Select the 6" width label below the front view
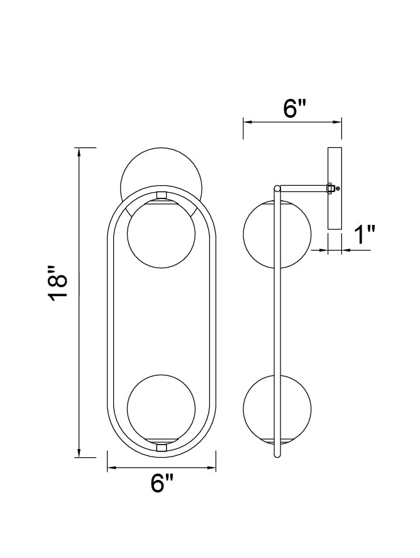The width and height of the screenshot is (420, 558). (162, 484)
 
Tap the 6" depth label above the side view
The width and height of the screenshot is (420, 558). (293, 108)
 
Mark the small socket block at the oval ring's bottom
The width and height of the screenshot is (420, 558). (161, 447)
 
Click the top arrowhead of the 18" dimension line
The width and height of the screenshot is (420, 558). (79, 152)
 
